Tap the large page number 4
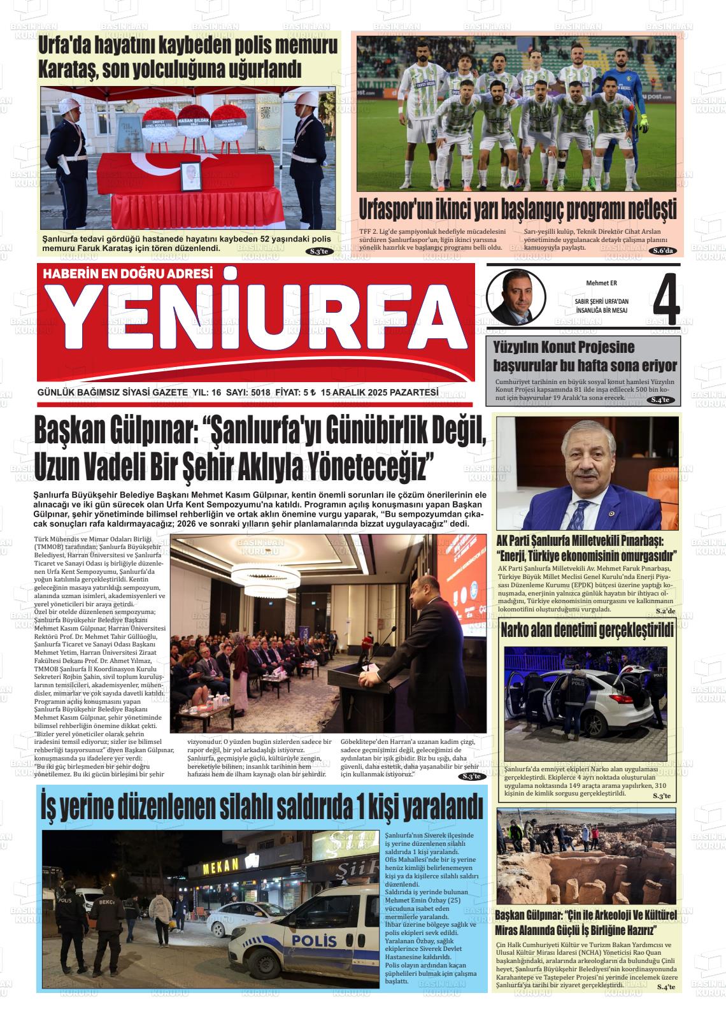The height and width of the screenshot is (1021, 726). coord(664,301)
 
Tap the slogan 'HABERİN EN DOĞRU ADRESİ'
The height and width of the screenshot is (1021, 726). coord(127,274)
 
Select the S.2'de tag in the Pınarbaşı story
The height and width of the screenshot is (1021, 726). coord(665,611)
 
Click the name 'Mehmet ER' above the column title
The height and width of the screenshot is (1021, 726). coord(601,283)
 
